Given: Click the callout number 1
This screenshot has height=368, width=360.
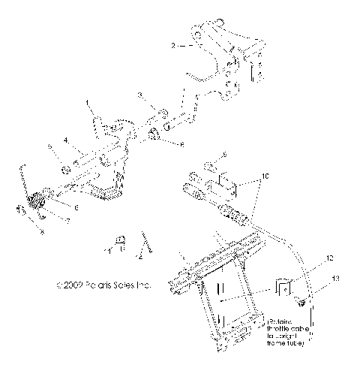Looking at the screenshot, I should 87,102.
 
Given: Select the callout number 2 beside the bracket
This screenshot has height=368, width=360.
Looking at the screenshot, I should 173,46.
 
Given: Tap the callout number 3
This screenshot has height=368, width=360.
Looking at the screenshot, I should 139,95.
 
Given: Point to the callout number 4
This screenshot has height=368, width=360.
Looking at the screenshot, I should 66,140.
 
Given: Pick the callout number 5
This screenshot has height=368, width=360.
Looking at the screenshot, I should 50,148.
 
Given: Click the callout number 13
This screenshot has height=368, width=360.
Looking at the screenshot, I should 335,279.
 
